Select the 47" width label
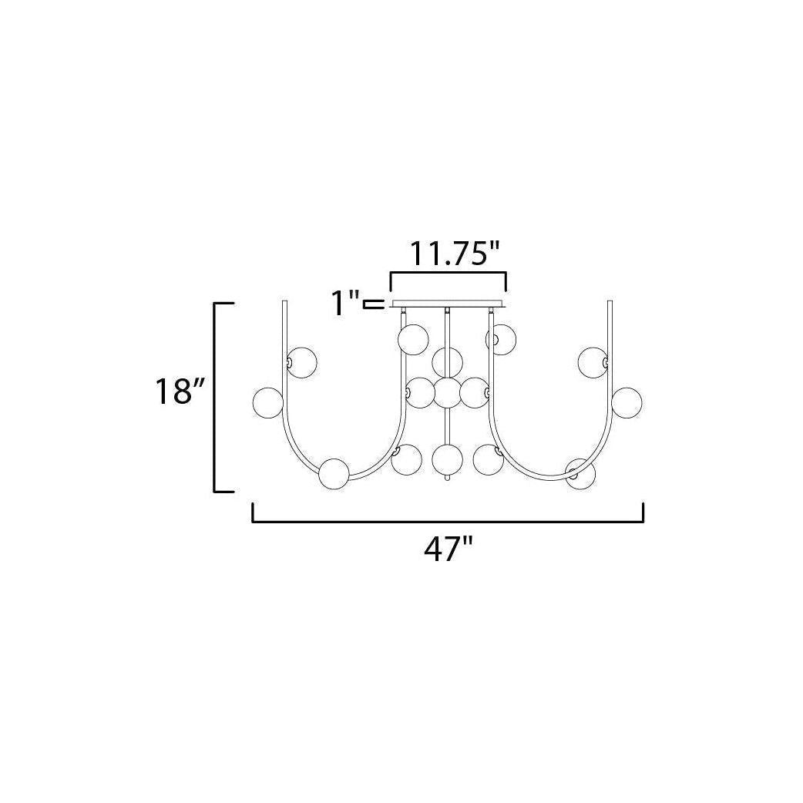[448, 549]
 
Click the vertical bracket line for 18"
[215, 398]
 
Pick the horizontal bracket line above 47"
[448, 522]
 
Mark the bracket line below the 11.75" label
[448, 273]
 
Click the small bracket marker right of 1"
[373, 304]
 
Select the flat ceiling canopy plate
[448, 304]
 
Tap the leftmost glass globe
[268, 402]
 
